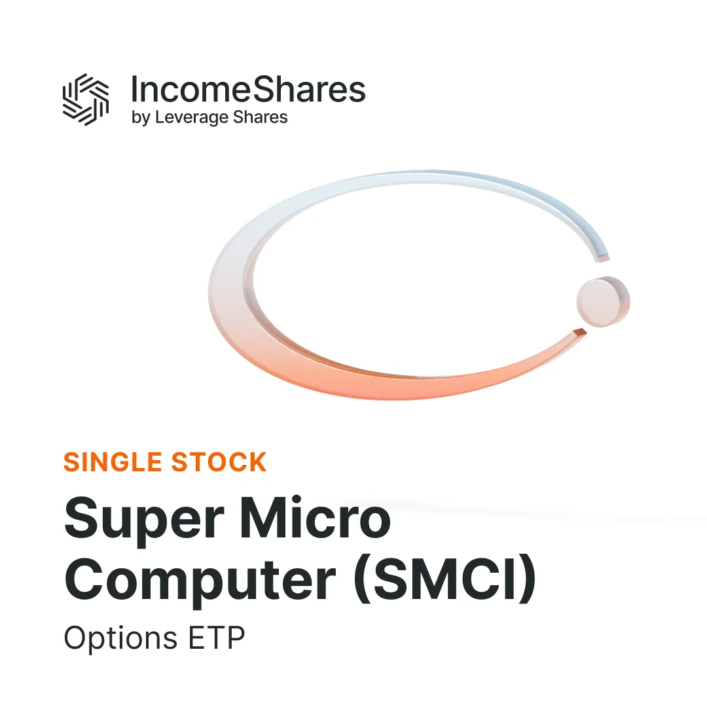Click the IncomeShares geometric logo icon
(86, 100)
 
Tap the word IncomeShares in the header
(248, 90)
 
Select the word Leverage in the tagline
(192, 118)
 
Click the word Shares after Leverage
(260, 117)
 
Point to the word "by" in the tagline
(141, 118)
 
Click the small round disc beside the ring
(603, 301)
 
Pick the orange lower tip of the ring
(579, 333)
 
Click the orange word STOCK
(219, 462)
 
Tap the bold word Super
(144, 519)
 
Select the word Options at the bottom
(120, 638)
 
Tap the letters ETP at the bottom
(217, 638)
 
